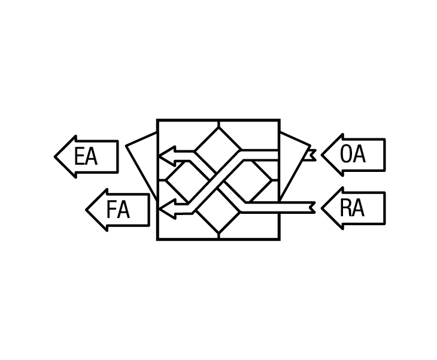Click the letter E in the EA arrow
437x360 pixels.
click(79, 156)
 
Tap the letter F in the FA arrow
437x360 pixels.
click(111, 210)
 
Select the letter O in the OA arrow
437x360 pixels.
click(345, 154)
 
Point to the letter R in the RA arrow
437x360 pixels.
click(345, 208)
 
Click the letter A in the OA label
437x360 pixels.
click(359, 154)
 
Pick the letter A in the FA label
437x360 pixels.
click(123, 210)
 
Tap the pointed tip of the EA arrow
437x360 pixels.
click(55, 157)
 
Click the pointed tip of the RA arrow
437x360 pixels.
click(322, 208)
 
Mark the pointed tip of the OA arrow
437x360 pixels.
click(322, 155)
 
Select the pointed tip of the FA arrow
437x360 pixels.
click(86, 210)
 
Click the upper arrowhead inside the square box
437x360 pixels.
click(167, 156)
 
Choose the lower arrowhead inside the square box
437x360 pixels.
click(167, 209)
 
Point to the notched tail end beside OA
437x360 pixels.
click(312, 155)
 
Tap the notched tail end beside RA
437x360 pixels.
click(312, 208)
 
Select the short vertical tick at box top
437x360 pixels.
click(218, 123)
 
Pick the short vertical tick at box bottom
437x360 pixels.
click(218, 236)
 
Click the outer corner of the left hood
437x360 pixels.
click(126, 146)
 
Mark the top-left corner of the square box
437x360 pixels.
click(157, 120)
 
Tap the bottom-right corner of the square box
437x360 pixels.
click(279, 239)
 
